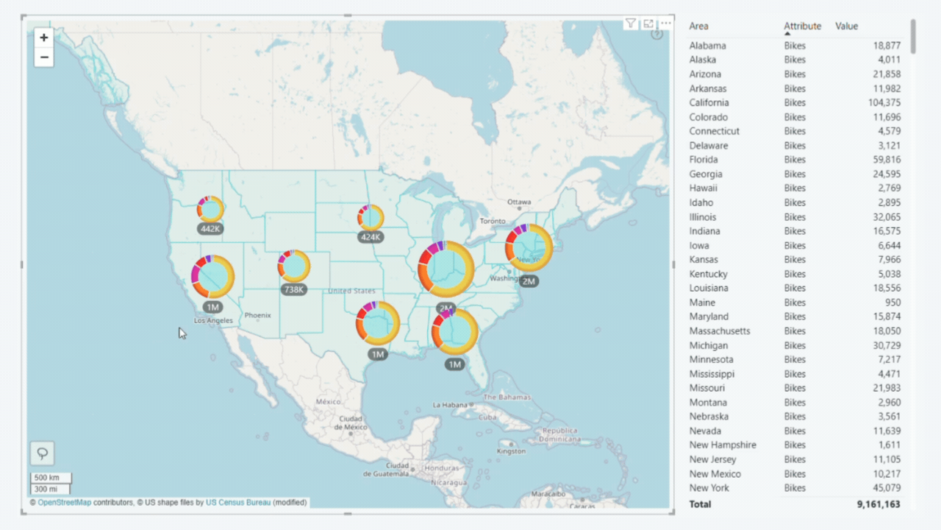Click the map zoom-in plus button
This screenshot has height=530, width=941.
44,38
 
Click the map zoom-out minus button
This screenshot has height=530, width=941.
44,57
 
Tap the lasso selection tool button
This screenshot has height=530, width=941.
43,453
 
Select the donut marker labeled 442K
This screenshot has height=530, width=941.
210,210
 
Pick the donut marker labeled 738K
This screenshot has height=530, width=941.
293,266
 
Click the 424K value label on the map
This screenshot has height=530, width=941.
371,237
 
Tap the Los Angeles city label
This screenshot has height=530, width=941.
214,320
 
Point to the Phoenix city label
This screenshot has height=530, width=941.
258,315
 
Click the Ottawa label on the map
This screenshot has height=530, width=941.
519,202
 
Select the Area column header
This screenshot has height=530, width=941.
699,26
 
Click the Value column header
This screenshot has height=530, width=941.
846,26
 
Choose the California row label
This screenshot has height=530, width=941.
709,103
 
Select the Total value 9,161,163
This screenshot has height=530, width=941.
879,504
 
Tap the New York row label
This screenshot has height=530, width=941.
709,488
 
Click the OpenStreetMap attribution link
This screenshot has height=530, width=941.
65,503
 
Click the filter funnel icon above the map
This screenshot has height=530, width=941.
631,24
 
